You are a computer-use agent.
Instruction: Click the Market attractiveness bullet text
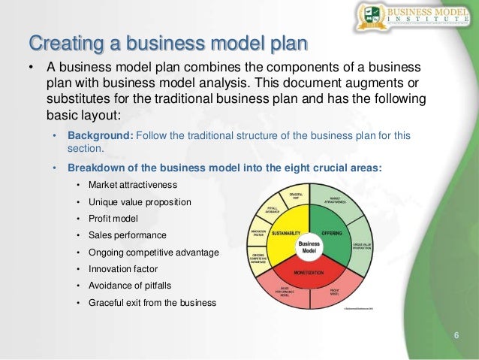click(x=132, y=185)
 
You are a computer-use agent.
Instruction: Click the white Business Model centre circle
click(x=310, y=247)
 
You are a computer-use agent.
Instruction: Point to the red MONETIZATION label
click(x=309, y=271)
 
